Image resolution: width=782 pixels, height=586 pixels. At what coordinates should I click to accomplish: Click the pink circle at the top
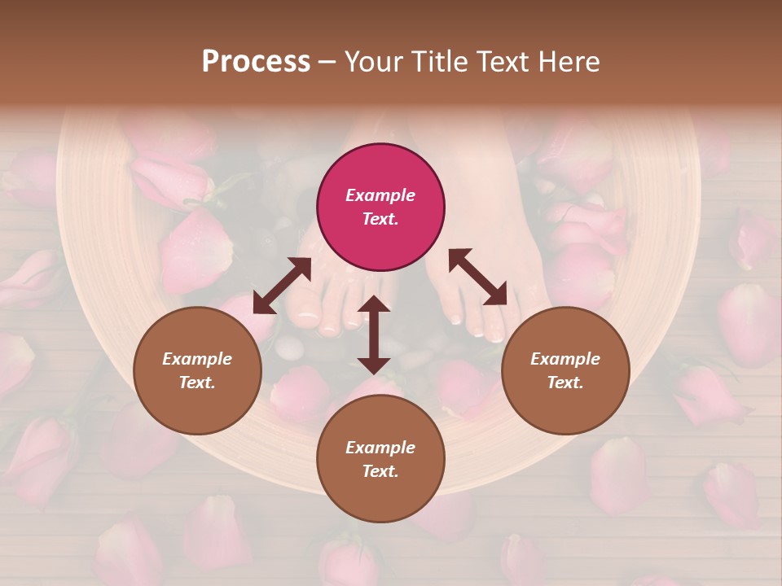(380, 207)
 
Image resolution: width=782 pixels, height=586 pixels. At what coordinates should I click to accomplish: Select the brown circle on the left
(197, 371)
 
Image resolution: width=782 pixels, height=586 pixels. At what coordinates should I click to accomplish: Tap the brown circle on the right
(565, 371)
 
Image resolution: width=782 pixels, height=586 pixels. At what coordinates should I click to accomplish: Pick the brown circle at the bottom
(380, 459)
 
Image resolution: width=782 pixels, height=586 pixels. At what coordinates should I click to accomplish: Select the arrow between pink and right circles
(478, 278)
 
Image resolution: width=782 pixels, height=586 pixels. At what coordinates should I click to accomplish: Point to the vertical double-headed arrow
(374, 335)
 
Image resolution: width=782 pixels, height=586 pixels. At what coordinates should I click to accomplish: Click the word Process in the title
(256, 61)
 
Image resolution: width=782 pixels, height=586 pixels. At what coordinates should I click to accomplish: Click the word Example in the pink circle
(380, 195)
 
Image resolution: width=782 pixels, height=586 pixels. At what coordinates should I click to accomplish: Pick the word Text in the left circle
(196, 383)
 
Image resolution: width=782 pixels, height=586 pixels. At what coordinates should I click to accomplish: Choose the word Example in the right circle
(565, 359)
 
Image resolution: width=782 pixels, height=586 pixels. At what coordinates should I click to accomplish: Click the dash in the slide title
(327, 62)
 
